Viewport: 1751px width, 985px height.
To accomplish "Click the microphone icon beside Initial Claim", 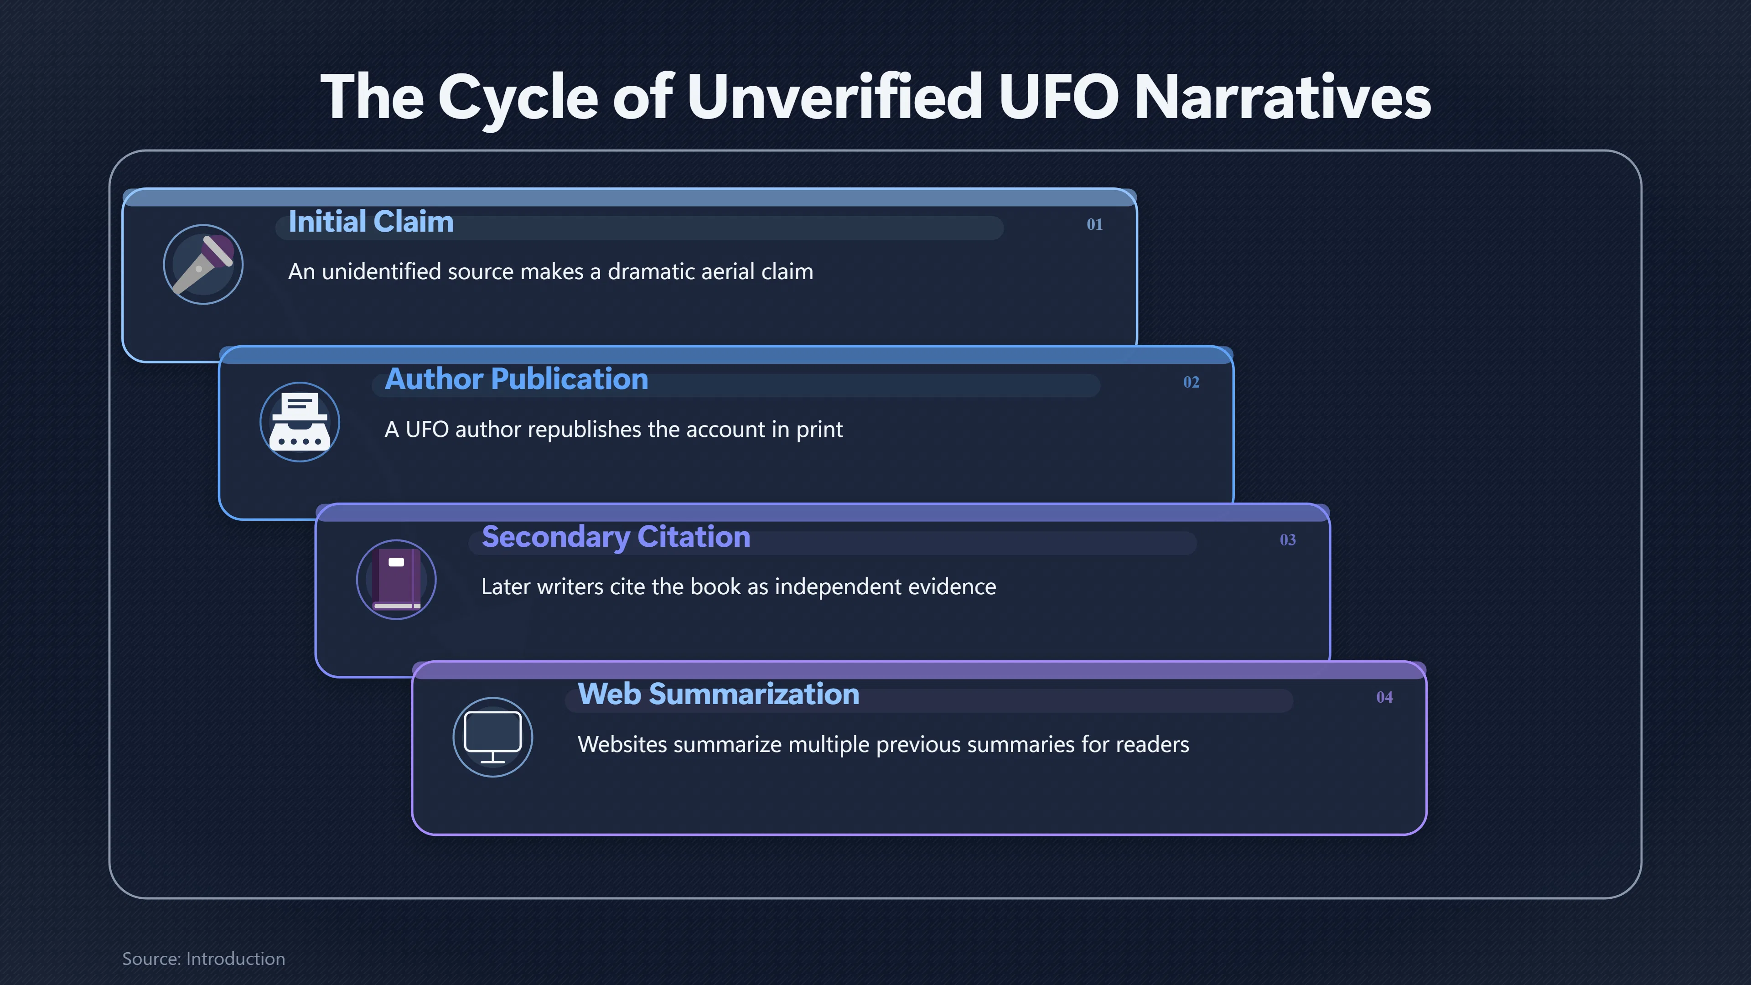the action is coord(203,264).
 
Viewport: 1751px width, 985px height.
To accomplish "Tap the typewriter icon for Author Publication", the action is coord(300,422).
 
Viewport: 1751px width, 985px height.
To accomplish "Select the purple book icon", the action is coord(396,579).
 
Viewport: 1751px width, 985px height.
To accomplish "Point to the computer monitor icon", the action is coord(493,737).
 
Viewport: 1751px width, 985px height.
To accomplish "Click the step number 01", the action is coord(1094,224).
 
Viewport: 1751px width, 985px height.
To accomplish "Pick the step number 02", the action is coord(1191,382).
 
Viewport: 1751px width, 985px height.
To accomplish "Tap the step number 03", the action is coord(1287,540).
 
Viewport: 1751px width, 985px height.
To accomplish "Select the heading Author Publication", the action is coord(517,379).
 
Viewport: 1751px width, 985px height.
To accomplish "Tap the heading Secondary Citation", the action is coord(616,537).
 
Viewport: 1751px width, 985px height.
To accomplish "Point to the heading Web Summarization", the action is coord(719,694).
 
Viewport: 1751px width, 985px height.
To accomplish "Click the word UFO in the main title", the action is coord(1058,97).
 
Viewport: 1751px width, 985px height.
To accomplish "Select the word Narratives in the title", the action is coord(1283,97).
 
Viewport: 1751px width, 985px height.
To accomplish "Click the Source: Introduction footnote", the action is coord(203,959).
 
